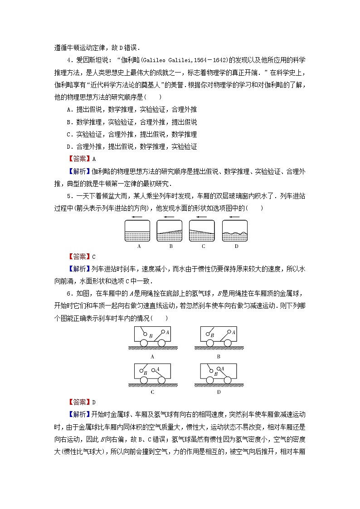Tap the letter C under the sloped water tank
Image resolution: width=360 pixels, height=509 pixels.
click(x=204, y=247)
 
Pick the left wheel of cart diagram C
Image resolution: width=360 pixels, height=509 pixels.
click(x=144, y=379)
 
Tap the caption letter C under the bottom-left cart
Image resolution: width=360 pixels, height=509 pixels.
click(x=152, y=392)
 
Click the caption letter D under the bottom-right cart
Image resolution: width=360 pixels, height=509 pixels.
click(x=218, y=392)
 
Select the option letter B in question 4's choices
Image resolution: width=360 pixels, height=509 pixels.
click(x=68, y=122)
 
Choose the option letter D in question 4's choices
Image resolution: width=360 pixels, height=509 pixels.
click(x=68, y=146)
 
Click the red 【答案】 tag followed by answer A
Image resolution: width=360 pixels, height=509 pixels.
click(x=78, y=159)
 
